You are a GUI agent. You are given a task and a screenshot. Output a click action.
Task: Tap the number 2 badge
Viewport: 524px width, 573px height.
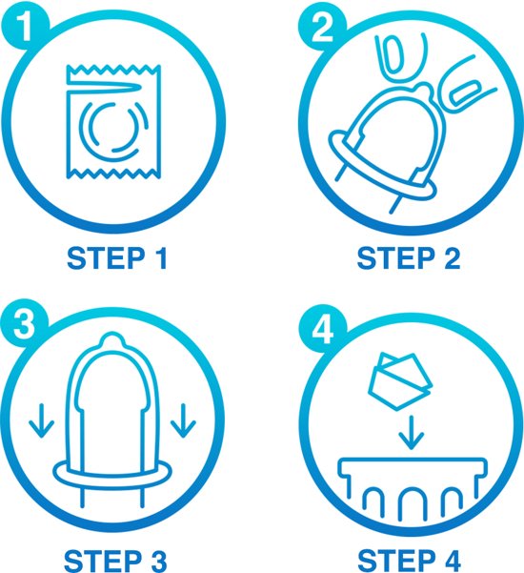pos(322,27)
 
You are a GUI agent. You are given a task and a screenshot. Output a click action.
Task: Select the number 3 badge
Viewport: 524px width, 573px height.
pos(24,324)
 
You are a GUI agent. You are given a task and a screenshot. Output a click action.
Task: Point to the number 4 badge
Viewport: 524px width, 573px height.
pos(323,329)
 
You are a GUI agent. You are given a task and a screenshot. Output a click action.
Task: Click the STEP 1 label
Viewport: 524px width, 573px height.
pos(117,258)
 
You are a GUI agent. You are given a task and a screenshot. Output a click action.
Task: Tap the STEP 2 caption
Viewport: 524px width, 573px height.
pos(409,258)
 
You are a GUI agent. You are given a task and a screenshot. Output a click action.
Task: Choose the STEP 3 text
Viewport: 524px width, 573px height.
pos(115,561)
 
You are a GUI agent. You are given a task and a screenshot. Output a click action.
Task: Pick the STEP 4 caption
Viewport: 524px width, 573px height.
pos(409,561)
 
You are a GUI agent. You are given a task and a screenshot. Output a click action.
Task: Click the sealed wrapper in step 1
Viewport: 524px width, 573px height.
pos(113,122)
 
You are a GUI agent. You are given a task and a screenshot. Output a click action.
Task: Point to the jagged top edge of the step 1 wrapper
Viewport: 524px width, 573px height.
pos(113,69)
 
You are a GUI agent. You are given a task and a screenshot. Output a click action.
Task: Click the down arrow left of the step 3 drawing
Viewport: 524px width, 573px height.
pos(42,420)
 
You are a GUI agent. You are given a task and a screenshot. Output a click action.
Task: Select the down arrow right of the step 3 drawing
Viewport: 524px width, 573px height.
pos(183,420)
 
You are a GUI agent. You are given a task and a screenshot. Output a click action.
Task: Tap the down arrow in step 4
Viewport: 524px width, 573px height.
pos(412,433)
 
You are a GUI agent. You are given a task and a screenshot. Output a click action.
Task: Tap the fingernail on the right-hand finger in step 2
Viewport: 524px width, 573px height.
pos(464,92)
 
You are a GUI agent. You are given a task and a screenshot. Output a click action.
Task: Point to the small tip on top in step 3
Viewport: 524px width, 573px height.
pos(112,339)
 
